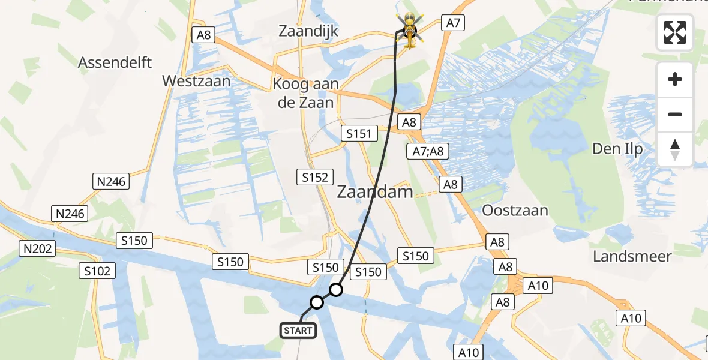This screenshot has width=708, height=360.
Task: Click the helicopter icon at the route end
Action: pyautogui.click(x=408, y=31)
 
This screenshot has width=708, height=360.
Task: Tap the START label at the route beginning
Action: pyautogui.click(x=298, y=330)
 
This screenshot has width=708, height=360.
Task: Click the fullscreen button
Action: pyautogui.click(x=675, y=32)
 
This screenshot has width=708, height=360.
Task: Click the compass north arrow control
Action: pyautogui.click(x=675, y=149)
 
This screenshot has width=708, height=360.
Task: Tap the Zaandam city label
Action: pyautogui.click(x=375, y=192)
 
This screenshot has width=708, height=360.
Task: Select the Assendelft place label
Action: pyautogui.click(x=116, y=62)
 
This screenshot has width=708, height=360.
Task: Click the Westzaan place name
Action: pyautogui.click(x=197, y=80)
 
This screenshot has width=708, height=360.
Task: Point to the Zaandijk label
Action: pyautogui.click(x=309, y=32)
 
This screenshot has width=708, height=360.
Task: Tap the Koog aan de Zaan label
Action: pyautogui.click(x=305, y=93)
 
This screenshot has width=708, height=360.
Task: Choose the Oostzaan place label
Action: pyautogui.click(x=515, y=210)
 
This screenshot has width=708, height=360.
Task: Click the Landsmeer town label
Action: pyautogui.click(x=632, y=256)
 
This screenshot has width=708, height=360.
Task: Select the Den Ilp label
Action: pyautogui.click(x=617, y=148)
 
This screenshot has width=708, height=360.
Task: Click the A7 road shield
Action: pyautogui.click(x=453, y=23)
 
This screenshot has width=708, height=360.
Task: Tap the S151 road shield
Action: pyautogui.click(x=359, y=134)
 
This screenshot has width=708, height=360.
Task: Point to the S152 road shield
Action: pyautogui.click(x=316, y=176)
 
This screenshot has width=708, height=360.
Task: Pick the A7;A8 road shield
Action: pyautogui.click(x=428, y=151)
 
